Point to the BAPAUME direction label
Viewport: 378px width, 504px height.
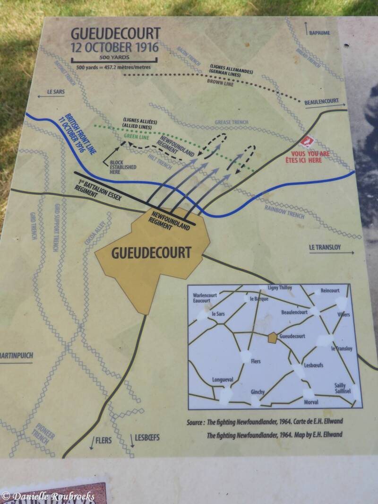click(x=319, y=33)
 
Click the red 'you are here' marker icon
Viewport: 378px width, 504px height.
click(x=309, y=141)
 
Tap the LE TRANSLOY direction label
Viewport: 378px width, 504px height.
click(x=325, y=247)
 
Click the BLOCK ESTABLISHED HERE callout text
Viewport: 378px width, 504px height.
click(x=122, y=167)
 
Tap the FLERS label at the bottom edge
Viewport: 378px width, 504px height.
click(x=103, y=440)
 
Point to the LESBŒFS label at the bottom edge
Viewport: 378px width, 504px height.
click(x=147, y=437)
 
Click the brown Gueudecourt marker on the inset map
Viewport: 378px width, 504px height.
click(x=272, y=337)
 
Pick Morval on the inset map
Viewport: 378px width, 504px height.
click(x=310, y=402)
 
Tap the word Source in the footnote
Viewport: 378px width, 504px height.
click(x=196, y=422)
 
